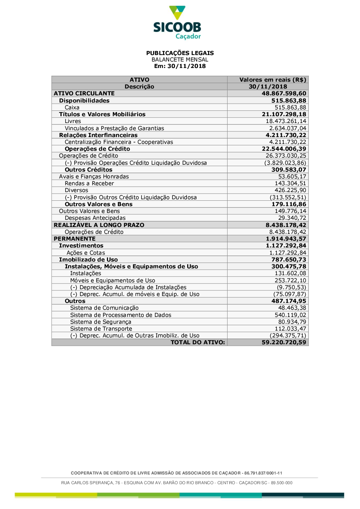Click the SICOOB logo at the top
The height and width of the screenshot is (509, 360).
click(177, 22)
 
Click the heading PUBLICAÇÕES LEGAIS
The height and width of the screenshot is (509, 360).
click(180, 53)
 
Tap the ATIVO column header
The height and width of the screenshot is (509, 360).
click(139, 80)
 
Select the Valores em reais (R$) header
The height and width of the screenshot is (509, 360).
click(273, 80)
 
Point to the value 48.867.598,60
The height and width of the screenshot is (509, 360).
click(284, 94)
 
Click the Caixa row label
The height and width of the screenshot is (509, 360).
click(72, 108)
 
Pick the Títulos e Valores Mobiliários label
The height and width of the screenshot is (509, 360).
click(102, 114)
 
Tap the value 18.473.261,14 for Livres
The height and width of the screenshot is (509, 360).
click(286, 121)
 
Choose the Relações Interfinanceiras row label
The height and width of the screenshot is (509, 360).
click(98, 135)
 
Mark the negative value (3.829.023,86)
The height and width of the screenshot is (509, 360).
click(285, 163)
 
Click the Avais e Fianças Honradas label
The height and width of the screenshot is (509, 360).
click(94, 177)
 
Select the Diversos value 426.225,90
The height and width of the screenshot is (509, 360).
click(290, 190)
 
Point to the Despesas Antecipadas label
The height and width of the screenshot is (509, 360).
click(95, 218)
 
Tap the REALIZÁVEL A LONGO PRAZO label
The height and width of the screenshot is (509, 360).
click(99, 225)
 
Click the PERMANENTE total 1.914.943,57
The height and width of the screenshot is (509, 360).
click(286, 239)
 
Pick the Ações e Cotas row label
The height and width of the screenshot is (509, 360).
click(86, 253)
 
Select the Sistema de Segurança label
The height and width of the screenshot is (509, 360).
click(101, 322)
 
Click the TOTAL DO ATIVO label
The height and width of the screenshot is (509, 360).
click(198, 342)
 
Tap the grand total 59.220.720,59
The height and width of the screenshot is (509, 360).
click(284, 342)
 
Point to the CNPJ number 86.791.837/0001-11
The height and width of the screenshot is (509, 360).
click(263, 473)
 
